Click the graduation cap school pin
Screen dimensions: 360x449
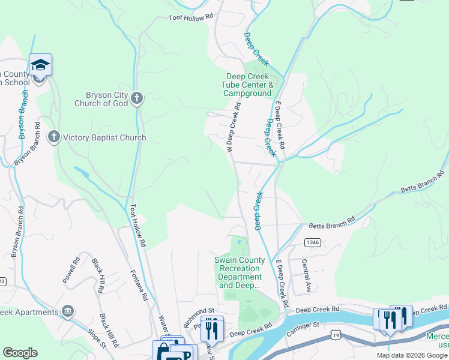40,64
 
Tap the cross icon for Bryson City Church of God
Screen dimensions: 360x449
137,98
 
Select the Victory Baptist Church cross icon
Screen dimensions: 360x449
53,137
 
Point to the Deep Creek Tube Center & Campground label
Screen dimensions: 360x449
249,85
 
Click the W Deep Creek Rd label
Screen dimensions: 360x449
235,127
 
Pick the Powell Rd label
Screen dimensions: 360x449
71,271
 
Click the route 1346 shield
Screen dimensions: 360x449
312,242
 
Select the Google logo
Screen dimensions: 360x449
20,353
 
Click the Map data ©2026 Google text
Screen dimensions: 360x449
411,355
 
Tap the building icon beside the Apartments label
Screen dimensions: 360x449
67,311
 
